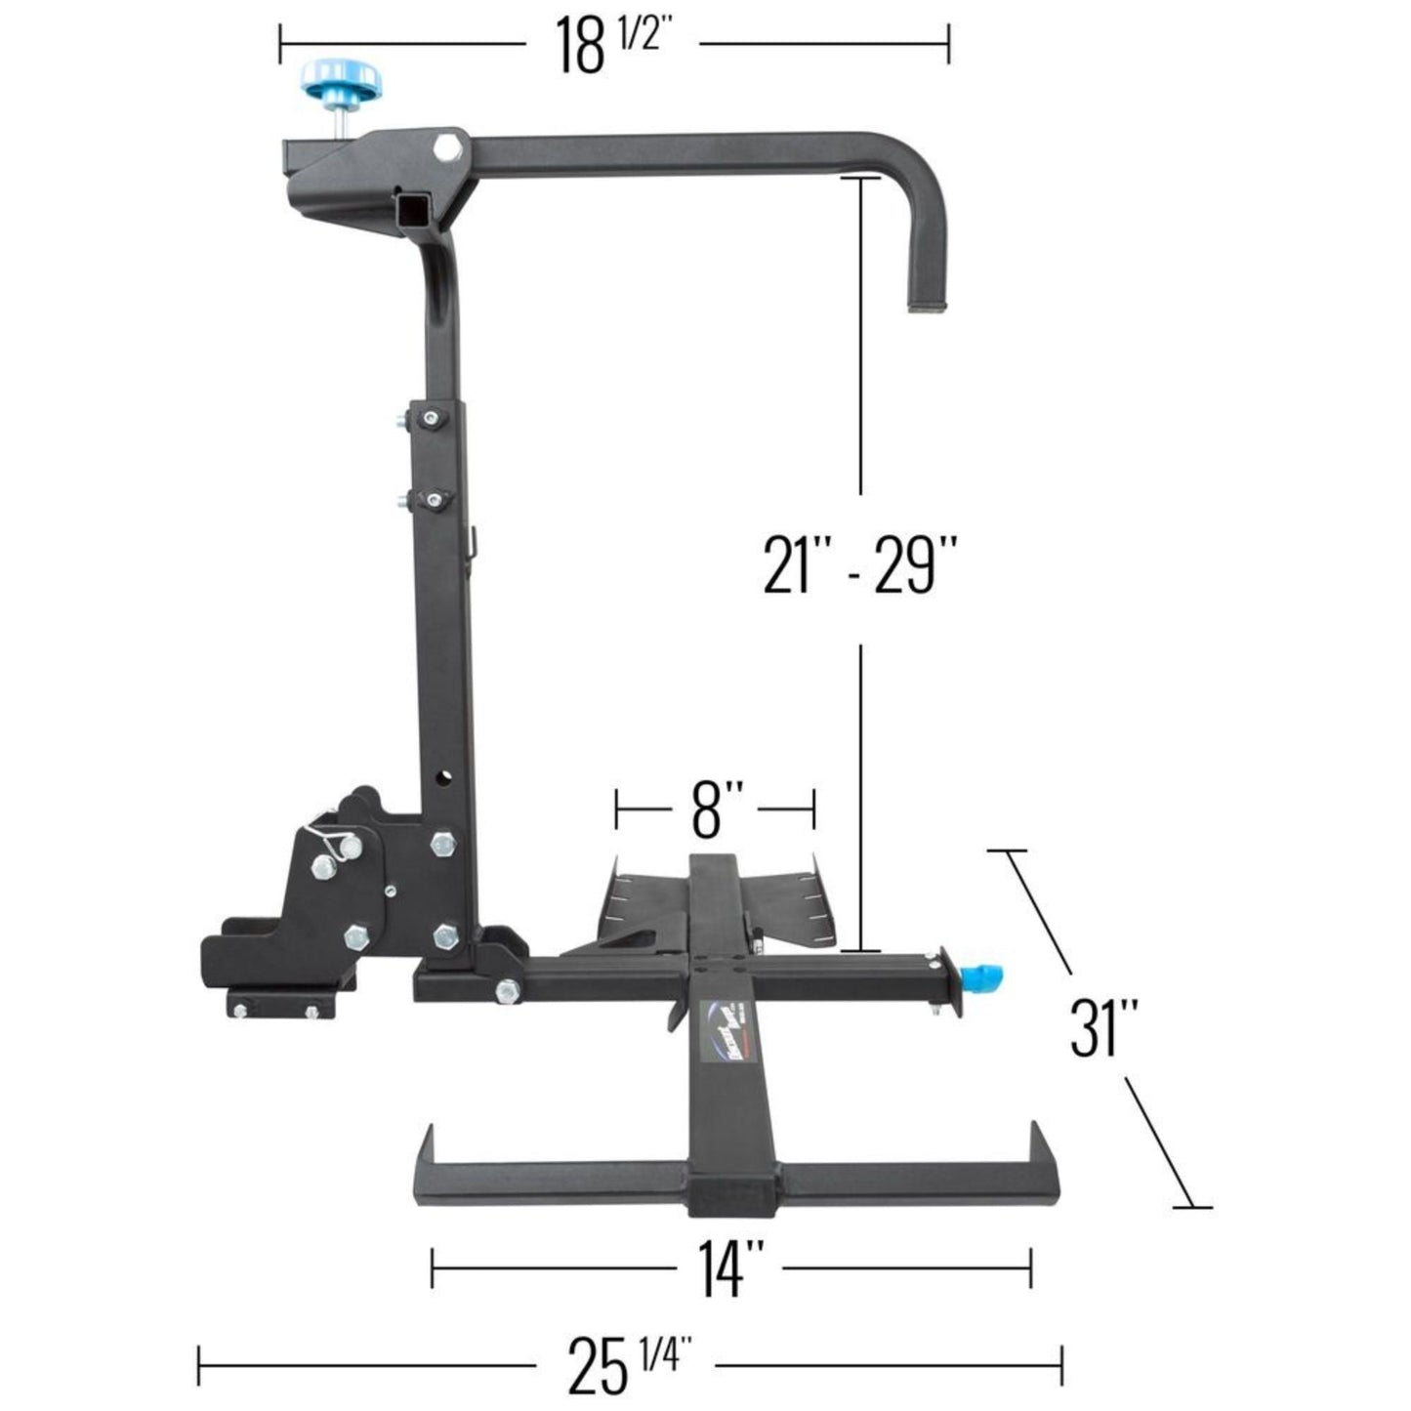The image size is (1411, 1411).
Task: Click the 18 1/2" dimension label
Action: tap(613, 45)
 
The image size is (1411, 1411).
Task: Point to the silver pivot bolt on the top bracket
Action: tap(449, 147)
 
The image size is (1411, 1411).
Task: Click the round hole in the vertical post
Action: tap(445, 778)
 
